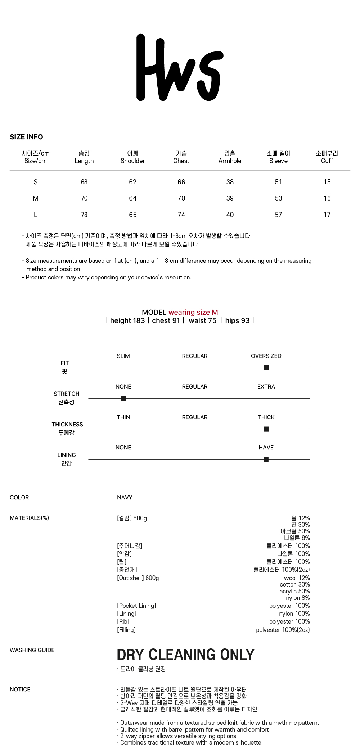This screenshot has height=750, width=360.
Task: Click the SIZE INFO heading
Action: tap(26, 137)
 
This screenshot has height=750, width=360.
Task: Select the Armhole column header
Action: tap(230, 157)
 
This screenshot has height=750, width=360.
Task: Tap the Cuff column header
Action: tap(327, 157)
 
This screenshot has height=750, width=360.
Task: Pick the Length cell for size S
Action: tap(84, 182)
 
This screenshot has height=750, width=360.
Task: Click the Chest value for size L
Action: tap(181, 215)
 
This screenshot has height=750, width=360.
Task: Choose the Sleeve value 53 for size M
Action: tap(278, 198)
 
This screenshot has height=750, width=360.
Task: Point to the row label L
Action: tap(36, 215)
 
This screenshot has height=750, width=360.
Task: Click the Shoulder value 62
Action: tap(132, 182)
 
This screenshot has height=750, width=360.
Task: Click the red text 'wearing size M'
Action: tap(193, 312)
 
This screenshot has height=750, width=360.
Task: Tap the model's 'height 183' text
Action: tap(127, 320)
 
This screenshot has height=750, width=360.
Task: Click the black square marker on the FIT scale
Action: tap(266, 368)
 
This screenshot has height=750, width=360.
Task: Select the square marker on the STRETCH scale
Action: tap(123, 398)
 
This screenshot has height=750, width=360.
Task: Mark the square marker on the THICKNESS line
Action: tap(266, 429)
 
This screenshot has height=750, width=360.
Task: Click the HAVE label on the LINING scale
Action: tap(266, 447)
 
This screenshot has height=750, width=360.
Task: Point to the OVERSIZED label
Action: tap(266, 356)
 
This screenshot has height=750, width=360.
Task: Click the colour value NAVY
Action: tap(125, 497)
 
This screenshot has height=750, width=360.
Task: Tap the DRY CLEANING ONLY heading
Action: tap(185, 655)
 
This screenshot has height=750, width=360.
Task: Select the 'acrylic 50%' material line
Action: tap(294, 591)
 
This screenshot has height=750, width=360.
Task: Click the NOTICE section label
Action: tap(20, 689)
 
